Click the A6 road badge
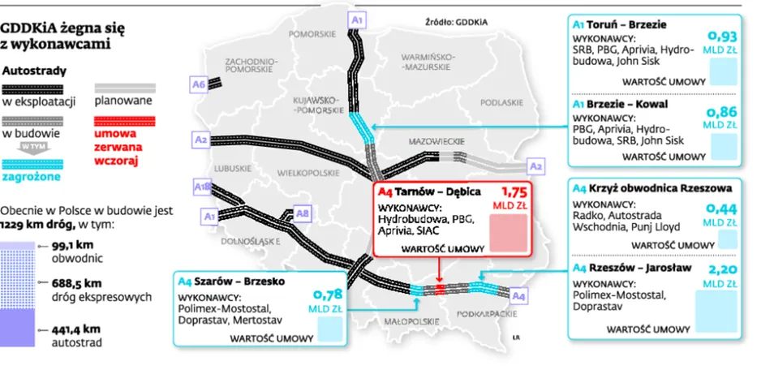click(199, 85)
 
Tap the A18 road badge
click(202, 187)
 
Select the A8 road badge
click(302, 213)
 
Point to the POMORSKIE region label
click(312, 34)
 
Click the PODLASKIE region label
click(501, 102)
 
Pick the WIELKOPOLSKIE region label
click(308, 173)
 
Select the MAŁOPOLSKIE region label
click(411, 321)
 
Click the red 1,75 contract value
click(514, 191)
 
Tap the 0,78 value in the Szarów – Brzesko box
click(328, 295)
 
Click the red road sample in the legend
click(125, 121)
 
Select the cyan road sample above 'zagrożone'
click(32, 165)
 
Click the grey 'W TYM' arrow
click(31, 148)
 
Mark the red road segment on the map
click(440, 289)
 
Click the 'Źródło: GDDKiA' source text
click(456, 22)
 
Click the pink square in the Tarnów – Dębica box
click(509, 233)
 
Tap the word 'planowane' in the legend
click(123, 101)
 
